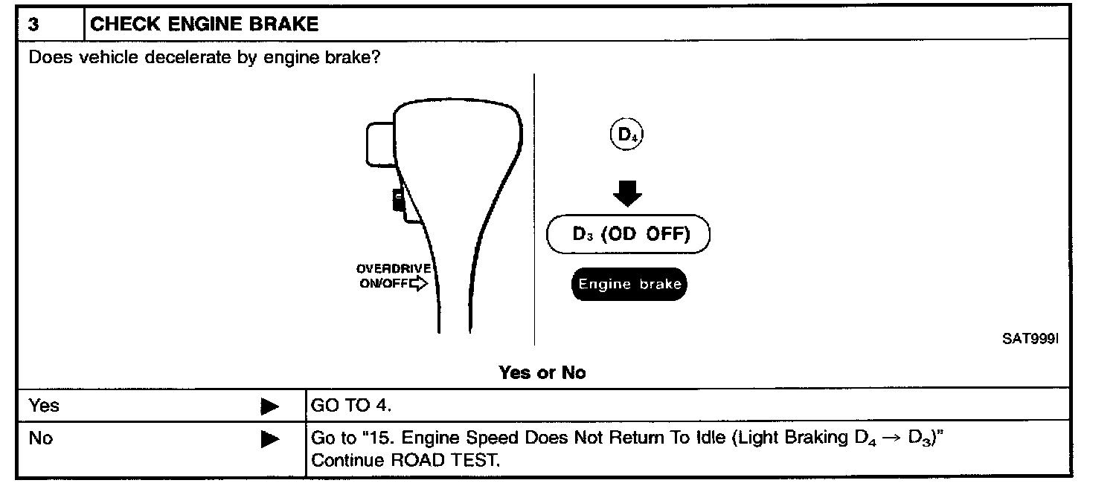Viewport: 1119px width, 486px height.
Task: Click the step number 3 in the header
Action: pyautogui.click(x=33, y=24)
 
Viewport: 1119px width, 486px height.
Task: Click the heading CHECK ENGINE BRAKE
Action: pyautogui.click(x=204, y=24)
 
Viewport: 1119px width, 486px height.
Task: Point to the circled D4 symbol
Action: pyautogui.click(x=626, y=136)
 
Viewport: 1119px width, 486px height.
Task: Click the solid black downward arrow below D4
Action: pyautogui.click(x=627, y=195)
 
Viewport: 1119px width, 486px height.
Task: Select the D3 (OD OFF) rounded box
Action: pyautogui.click(x=629, y=235)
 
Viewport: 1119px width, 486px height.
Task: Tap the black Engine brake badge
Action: pyautogui.click(x=629, y=285)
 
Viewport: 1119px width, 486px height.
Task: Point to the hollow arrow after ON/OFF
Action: pyautogui.click(x=420, y=284)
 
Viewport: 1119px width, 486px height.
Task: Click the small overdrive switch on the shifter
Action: pyautogui.click(x=399, y=201)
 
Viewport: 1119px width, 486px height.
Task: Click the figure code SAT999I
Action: pyautogui.click(x=1029, y=339)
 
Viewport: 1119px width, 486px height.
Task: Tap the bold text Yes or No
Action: pyautogui.click(x=542, y=373)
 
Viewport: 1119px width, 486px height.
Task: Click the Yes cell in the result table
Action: pyautogui.click(x=44, y=406)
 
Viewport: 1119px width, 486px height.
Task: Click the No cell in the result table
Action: pyautogui.click(x=41, y=438)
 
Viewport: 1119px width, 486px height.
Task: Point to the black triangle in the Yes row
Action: pyautogui.click(x=269, y=406)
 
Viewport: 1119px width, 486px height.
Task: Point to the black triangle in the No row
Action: pyautogui.click(x=269, y=439)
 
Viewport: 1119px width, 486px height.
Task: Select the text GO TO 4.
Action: pyautogui.click(x=351, y=406)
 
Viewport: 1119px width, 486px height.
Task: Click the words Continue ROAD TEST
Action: pyautogui.click(x=405, y=460)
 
